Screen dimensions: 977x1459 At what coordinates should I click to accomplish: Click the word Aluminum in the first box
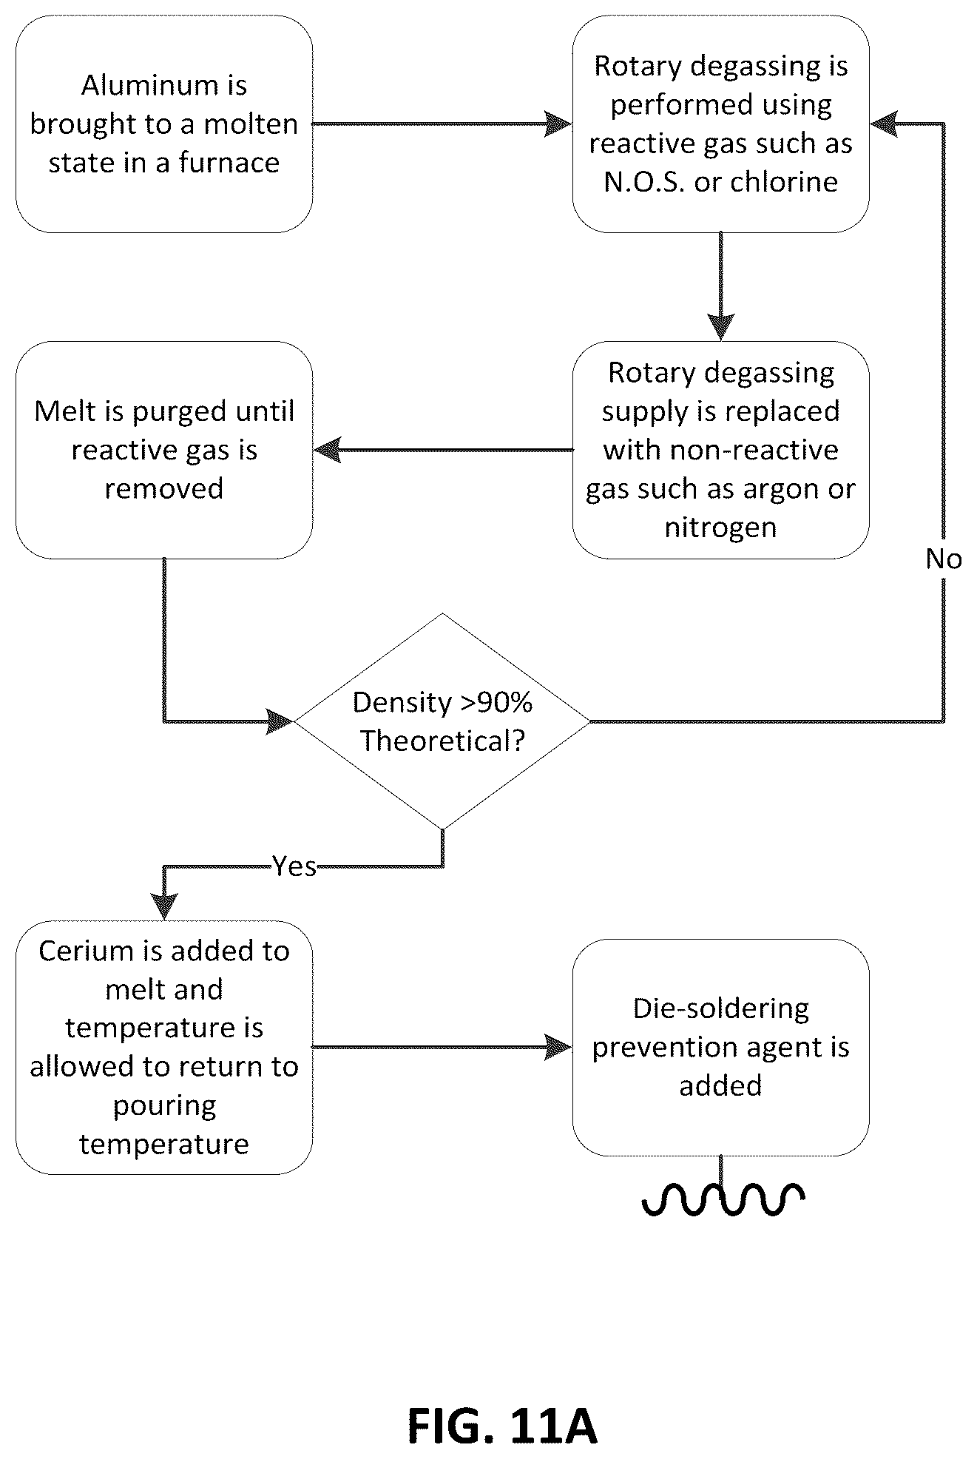click(x=163, y=86)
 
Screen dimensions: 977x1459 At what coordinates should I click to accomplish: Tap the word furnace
click(x=229, y=163)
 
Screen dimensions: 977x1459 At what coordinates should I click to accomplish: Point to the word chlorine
click(x=785, y=182)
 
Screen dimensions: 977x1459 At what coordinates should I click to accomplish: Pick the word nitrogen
click(x=720, y=528)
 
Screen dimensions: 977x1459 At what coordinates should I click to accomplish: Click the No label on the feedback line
click(x=943, y=559)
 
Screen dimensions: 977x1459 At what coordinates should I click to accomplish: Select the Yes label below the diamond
click(x=294, y=866)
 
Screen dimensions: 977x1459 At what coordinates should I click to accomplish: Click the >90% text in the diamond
click(x=496, y=703)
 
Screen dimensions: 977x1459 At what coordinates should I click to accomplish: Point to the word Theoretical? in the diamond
click(x=442, y=741)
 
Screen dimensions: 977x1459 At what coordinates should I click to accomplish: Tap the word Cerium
click(x=78, y=951)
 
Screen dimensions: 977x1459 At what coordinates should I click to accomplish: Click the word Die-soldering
click(x=721, y=1009)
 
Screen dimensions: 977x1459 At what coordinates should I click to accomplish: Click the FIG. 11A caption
click(x=502, y=1427)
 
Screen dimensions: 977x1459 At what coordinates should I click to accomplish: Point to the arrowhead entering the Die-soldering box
click(x=559, y=1047)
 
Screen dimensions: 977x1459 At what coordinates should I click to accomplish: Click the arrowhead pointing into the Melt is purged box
click(x=327, y=450)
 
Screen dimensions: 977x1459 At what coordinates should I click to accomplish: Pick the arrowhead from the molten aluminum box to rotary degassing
click(x=559, y=124)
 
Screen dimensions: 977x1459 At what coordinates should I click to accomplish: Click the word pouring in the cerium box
click(x=164, y=1107)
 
